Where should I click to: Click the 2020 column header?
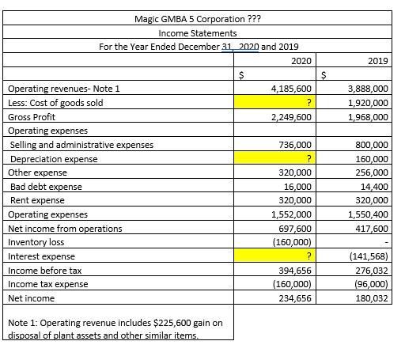coord(301,60)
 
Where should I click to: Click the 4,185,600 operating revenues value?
coord(290,89)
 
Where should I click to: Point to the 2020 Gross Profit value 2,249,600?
coord(290,117)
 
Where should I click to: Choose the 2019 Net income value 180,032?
coord(371,298)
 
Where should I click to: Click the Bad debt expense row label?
coord(46,187)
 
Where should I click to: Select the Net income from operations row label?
coord(65,229)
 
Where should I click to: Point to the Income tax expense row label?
coord(47,284)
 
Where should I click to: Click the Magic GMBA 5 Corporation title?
coord(197,18)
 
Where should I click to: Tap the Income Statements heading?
coord(197,32)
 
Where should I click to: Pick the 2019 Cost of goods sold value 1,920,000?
coord(368,103)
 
